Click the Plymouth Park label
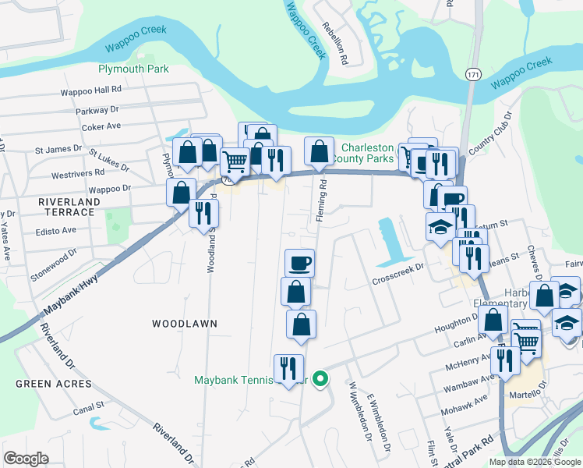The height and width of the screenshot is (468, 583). tap(133, 69)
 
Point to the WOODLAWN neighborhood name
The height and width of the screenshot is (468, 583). tap(184, 323)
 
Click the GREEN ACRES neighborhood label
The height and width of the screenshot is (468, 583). tap(54, 384)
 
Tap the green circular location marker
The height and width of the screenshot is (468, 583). tap(320, 379)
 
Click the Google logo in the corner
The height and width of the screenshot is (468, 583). tap(26, 458)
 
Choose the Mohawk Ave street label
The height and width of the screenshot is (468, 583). tap(469, 406)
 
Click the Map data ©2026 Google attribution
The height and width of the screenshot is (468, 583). tap(535, 462)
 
